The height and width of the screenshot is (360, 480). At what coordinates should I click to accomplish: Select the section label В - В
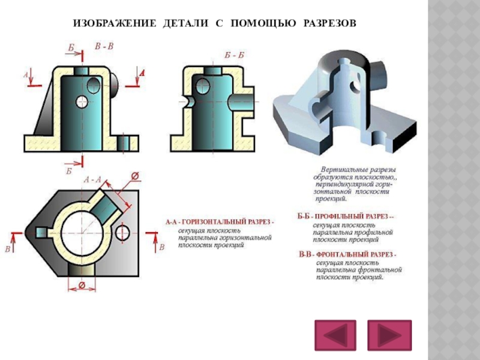tap(104, 46)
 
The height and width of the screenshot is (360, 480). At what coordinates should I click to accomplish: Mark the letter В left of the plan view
tap(8, 248)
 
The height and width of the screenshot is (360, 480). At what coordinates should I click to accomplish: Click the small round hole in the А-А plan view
tap(124, 231)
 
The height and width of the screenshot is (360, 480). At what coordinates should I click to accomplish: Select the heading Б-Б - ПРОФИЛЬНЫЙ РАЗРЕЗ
tap(346, 215)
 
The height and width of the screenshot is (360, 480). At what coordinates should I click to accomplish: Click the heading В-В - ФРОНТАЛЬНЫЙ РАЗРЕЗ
tap(348, 254)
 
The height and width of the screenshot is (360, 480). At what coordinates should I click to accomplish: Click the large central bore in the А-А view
tap(80, 230)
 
